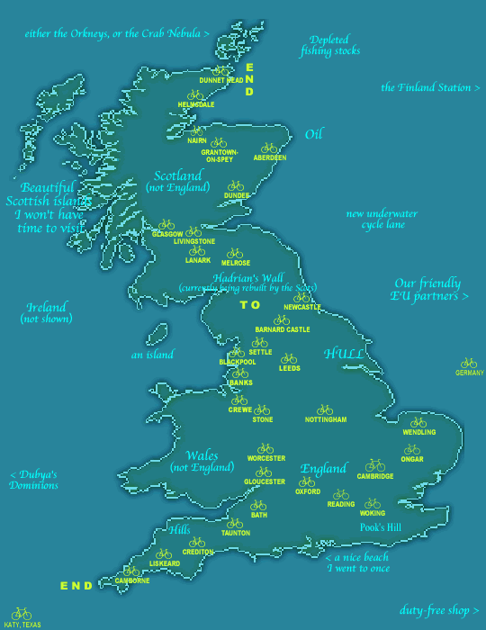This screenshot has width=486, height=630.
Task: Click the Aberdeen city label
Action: tap(269, 157)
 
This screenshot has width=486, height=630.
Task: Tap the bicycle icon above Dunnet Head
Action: tap(220, 70)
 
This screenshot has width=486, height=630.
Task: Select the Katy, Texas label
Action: tap(21, 624)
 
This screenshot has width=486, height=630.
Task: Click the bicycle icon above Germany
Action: tap(468, 363)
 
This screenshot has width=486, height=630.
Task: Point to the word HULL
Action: tap(344, 354)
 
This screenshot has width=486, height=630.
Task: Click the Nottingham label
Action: tap(325, 420)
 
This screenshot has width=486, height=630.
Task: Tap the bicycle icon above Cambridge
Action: tap(375, 465)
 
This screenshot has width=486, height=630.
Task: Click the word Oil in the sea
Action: tap(313, 134)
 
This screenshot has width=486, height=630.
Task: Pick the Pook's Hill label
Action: tap(381, 527)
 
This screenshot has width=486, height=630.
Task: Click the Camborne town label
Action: tap(132, 580)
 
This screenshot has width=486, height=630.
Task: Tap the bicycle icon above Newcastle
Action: tap(301, 297)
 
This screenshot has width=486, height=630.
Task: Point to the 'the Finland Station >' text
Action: tap(425, 87)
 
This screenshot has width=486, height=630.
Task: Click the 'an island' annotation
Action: tap(152, 355)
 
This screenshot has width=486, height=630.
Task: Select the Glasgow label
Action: tap(167, 234)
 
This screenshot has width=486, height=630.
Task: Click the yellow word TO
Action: tap(249, 305)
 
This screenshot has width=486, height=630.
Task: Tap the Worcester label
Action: tap(266, 458)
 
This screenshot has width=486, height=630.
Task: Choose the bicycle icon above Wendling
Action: tap(418, 422)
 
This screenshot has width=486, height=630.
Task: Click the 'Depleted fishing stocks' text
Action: tap(329, 46)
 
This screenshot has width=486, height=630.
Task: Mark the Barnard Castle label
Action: tap(282, 330)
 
